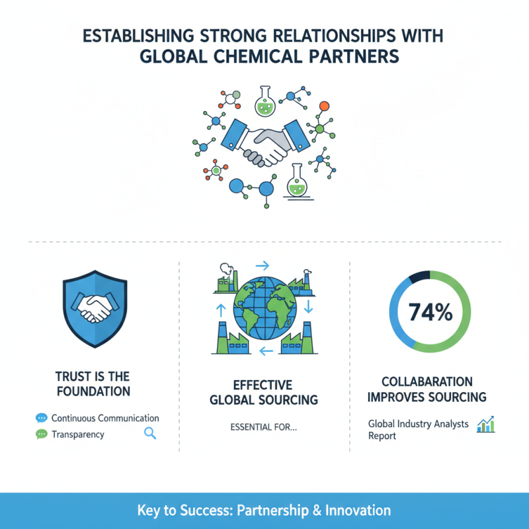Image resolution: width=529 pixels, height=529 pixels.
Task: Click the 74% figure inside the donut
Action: (430, 312)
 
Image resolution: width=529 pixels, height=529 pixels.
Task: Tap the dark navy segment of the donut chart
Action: (420, 276)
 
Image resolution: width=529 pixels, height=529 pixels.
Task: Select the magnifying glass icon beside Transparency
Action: (150, 433)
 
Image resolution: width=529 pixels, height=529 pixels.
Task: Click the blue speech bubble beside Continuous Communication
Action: (42, 418)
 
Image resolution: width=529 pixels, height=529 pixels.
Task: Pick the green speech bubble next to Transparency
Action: (42, 434)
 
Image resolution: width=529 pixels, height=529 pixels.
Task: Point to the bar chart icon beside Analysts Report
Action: (486, 425)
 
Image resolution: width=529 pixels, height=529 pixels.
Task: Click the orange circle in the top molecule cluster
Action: (324, 106)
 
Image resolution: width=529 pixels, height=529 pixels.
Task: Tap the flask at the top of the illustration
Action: (265, 101)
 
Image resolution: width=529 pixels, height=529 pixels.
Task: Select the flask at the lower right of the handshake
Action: (297, 182)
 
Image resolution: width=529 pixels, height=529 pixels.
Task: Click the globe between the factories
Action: (265, 308)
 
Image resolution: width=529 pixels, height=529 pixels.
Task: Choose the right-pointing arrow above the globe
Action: (262, 266)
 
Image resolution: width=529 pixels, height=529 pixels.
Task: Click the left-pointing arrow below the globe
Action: (266, 352)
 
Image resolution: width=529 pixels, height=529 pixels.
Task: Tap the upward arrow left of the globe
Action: (221, 310)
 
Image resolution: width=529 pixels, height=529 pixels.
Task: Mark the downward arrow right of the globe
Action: (308, 306)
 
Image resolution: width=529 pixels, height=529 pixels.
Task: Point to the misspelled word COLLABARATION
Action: (427, 382)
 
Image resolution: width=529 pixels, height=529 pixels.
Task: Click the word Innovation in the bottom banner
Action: (358, 510)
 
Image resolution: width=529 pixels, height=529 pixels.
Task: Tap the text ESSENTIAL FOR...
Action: (263, 427)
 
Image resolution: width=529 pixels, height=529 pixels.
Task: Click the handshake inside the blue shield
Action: (95, 307)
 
